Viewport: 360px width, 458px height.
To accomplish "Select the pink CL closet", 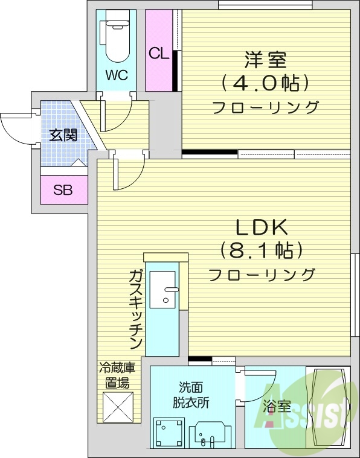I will [x=159, y=52].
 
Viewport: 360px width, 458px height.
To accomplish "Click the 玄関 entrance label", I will [x=63, y=135].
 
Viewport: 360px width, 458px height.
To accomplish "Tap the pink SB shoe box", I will [x=63, y=190].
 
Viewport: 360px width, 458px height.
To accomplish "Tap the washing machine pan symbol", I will [x=168, y=433].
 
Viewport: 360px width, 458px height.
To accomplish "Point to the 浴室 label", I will [x=272, y=406].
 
